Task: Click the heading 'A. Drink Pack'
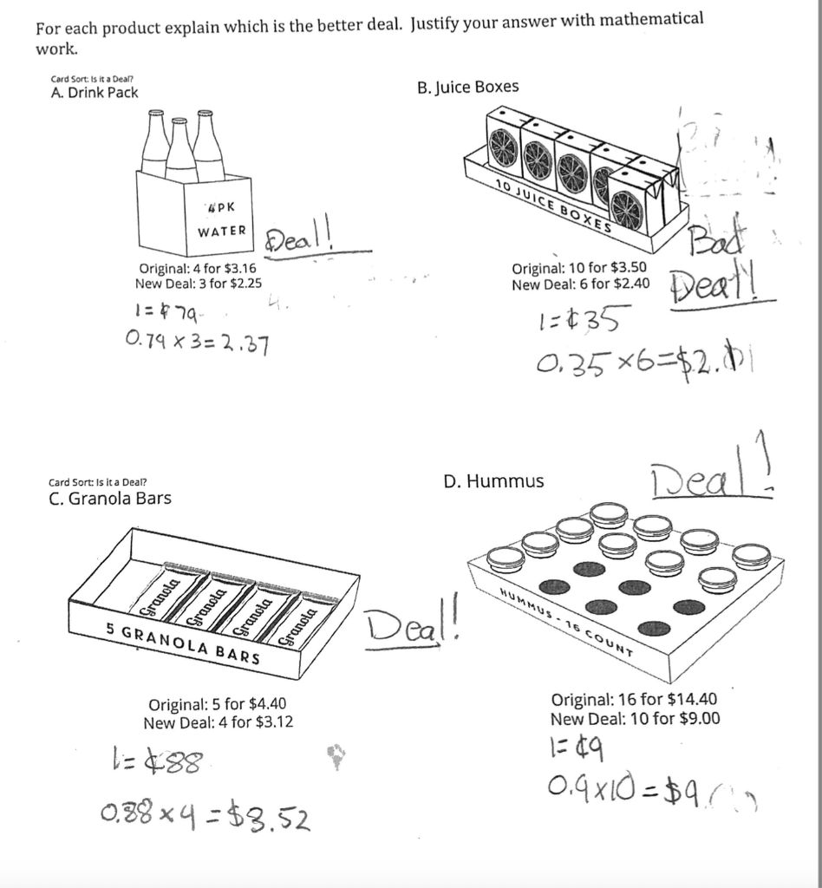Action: tap(95, 93)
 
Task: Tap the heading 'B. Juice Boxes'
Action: tap(467, 87)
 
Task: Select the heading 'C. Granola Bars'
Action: tap(110, 499)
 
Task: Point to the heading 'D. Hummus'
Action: tap(493, 481)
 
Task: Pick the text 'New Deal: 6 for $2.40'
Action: tap(581, 284)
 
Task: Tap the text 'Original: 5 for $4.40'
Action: tap(218, 705)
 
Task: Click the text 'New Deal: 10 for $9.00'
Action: tap(635, 718)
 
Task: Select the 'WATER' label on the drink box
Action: tap(222, 232)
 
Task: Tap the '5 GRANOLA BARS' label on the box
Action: tap(184, 643)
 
